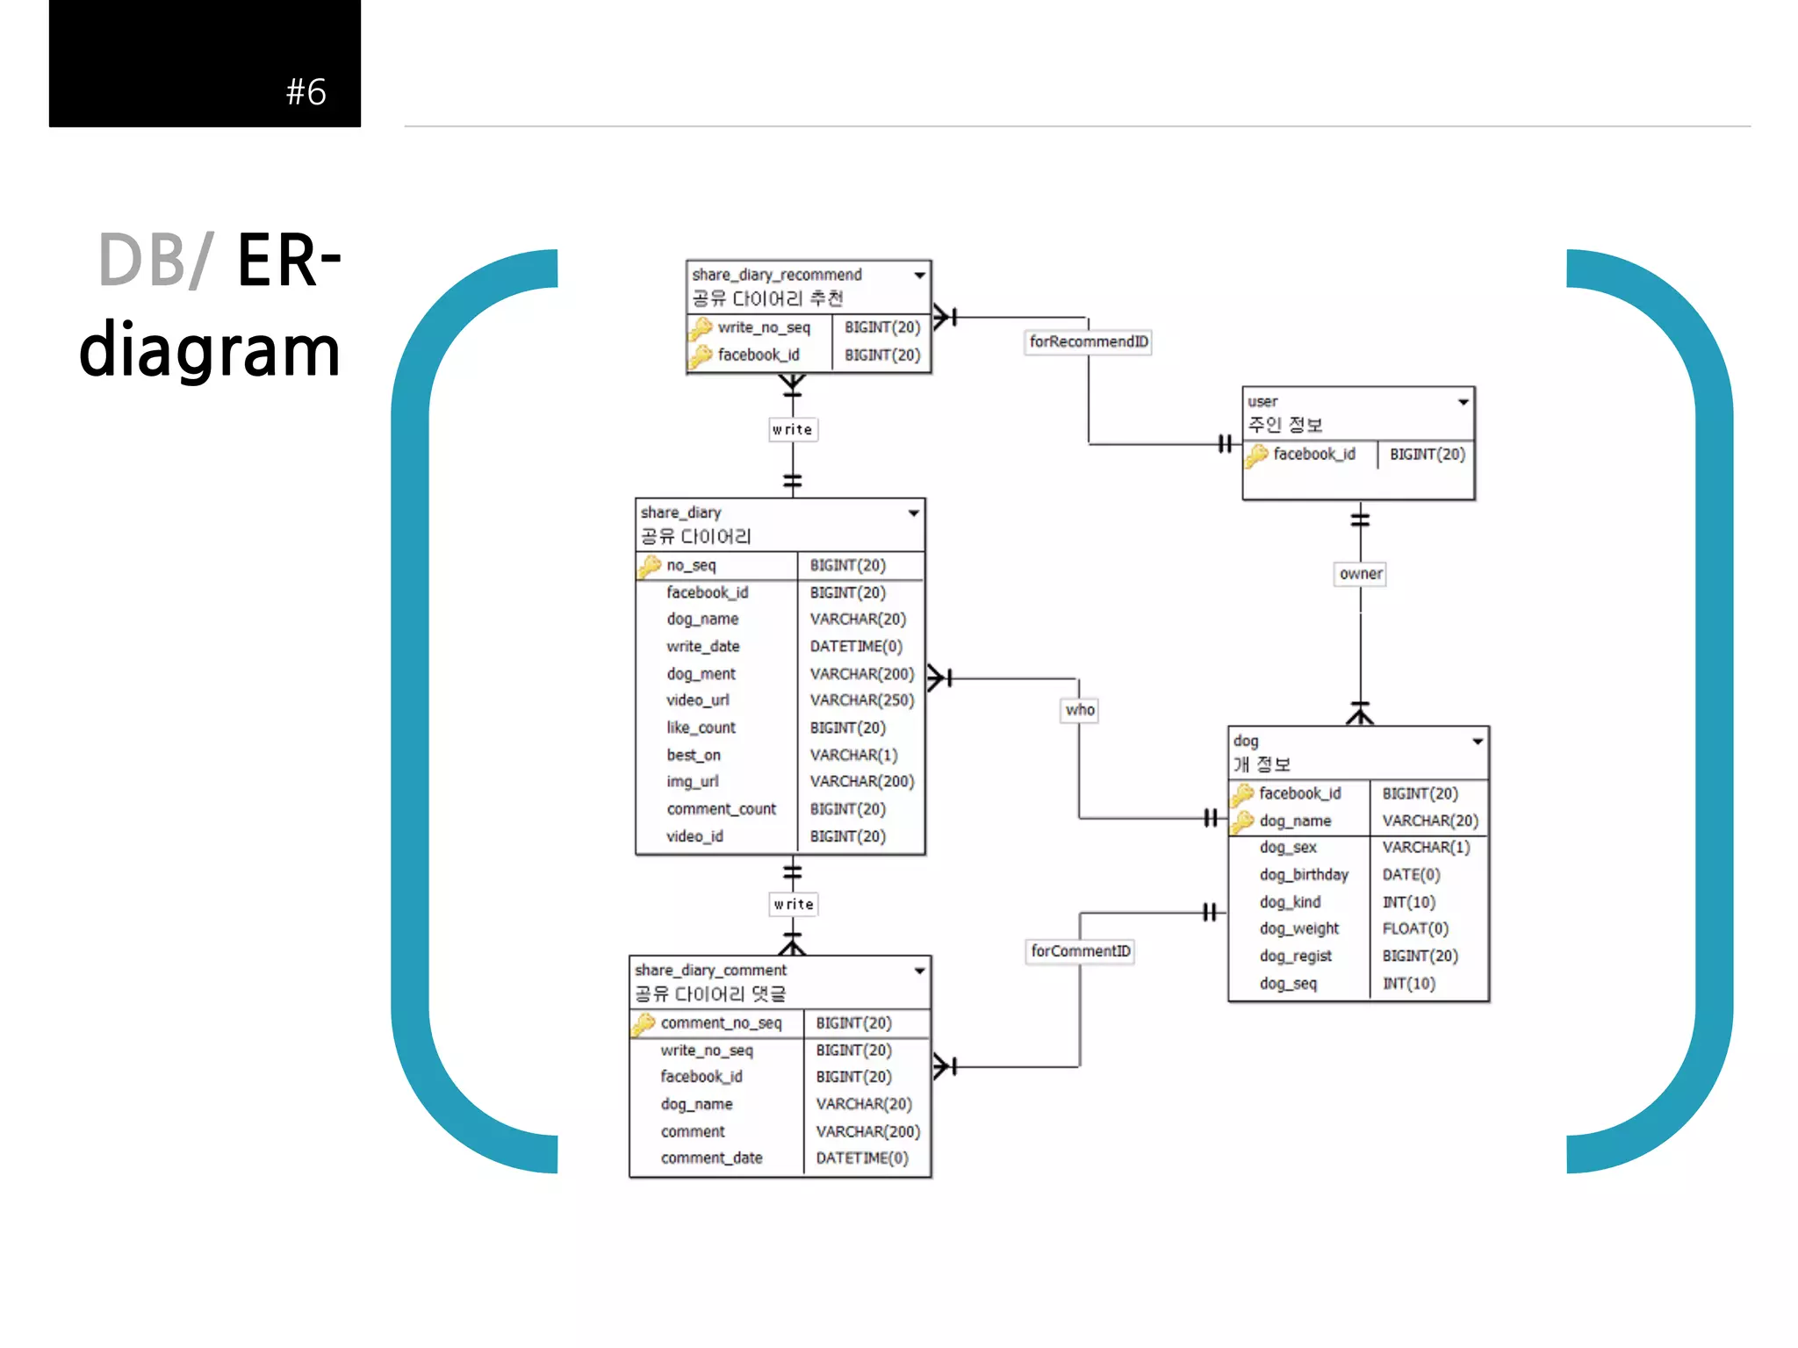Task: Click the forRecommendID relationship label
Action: tap(1088, 341)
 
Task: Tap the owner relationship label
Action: tap(1360, 574)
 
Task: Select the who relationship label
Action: tap(1080, 710)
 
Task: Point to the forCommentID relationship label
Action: tap(1080, 951)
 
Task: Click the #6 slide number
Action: tap(306, 92)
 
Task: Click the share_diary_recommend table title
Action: tap(776, 275)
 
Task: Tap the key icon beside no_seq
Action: tap(650, 566)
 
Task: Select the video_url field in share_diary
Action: tap(697, 700)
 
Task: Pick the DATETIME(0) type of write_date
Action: tap(855, 647)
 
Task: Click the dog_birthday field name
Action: tap(1303, 875)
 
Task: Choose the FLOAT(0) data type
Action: tap(1414, 929)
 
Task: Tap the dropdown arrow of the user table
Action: tap(1464, 402)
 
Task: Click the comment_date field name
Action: tap(711, 1158)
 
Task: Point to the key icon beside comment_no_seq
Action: tap(644, 1023)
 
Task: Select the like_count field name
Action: tap(701, 728)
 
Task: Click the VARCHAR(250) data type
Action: tap(861, 700)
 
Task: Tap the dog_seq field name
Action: tap(1288, 984)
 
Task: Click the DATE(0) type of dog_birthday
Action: tap(1411, 875)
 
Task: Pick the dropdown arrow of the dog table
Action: tap(1478, 742)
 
